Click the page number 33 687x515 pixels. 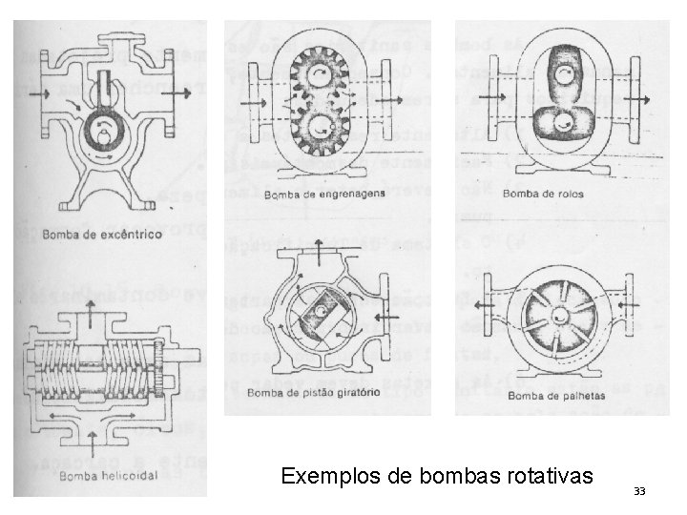[639, 491]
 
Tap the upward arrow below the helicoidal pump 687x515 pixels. [92, 441]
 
